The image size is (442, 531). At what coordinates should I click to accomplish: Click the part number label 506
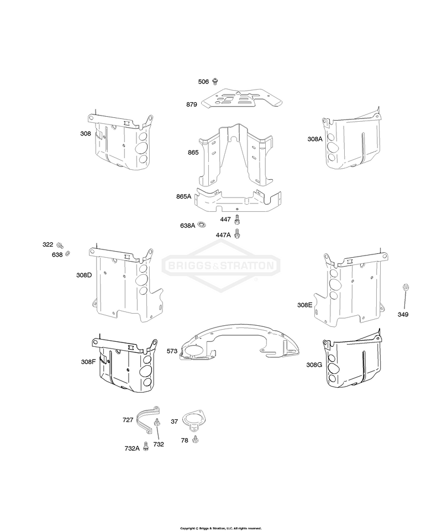coord(203,82)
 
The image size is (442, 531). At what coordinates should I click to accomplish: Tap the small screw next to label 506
coord(215,81)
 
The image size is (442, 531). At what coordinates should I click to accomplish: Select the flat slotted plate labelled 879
coord(242,98)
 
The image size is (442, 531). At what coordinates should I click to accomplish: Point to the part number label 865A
coord(183,196)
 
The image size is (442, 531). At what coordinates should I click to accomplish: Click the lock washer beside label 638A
coord(202,224)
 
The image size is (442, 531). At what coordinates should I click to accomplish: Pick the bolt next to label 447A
coord(238,233)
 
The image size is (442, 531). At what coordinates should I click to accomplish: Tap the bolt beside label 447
coord(237,220)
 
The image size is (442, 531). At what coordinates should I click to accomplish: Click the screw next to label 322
coord(61,244)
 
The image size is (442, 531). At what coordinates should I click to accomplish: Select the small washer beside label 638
coord(67,253)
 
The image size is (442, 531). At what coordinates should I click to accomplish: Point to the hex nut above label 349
coord(404,287)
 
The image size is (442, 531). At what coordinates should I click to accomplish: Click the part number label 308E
coord(304,305)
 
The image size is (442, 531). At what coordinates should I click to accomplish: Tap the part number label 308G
coord(314,365)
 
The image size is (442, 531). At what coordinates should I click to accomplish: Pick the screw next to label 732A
coord(146,446)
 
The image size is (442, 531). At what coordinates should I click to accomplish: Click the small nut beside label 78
coord(194,440)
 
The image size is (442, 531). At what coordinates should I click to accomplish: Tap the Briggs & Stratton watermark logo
coord(221,265)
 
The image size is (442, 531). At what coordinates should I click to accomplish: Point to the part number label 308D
coord(84,275)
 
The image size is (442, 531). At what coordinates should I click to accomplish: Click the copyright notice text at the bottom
coord(221,528)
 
